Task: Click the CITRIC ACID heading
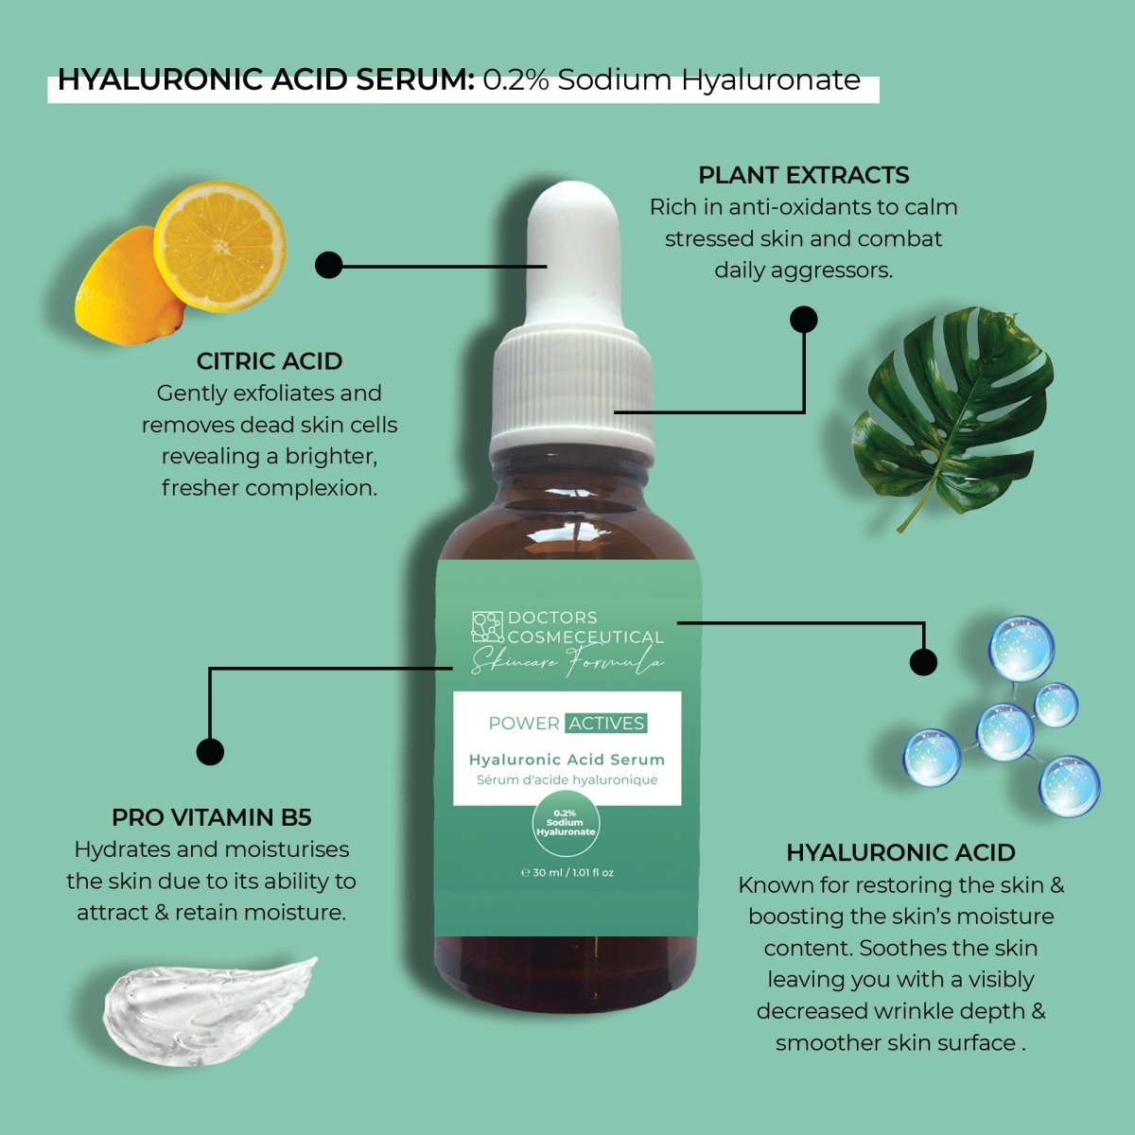click(270, 361)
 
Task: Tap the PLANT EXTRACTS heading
click(803, 175)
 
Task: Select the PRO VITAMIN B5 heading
click(211, 817)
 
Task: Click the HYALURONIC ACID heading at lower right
click(900, 852)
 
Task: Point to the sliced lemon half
click(219, 247)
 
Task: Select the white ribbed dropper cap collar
click(572, 389)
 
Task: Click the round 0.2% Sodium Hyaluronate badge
click(566, 823)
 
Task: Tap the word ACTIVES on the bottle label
click(606, 724)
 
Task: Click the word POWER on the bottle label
click(524, 724)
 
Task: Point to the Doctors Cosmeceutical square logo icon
click(487, 627)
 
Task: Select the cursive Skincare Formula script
click(567, 662)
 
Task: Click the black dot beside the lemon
click(328, 266)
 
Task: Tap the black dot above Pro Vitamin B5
click(210, 752)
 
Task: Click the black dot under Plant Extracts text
click(803, 320)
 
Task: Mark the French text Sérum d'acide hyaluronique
click(567, 780)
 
